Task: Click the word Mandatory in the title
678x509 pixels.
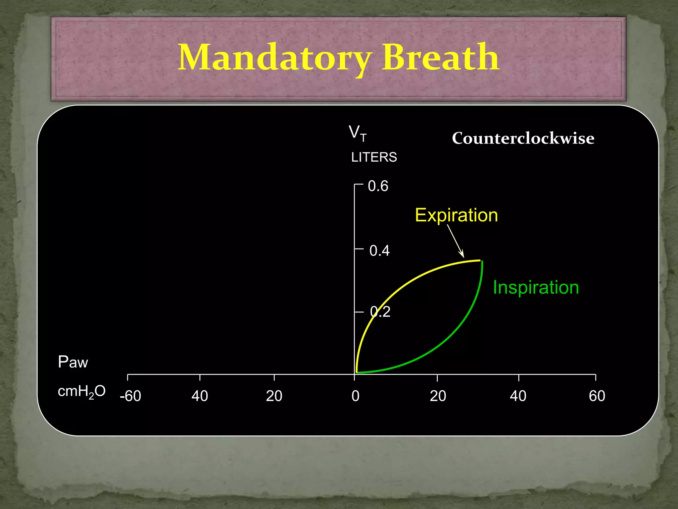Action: coord(275,58)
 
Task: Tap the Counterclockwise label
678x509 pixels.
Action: coord(523,138)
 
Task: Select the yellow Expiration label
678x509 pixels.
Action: coord(456,215)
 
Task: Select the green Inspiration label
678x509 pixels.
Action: coord(536,287)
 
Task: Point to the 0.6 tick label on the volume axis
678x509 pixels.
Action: coord(378,186)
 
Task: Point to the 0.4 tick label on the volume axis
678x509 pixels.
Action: coord(379,251)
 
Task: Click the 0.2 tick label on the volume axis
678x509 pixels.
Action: coord(380,312)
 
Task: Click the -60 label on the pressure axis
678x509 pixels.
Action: coord(130,396)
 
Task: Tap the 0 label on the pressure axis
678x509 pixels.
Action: coord(355,396)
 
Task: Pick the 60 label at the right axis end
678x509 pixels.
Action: coord(597,396)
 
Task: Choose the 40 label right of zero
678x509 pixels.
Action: coord(518,396)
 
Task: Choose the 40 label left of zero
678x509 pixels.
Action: coord(200,396)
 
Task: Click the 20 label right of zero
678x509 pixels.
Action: coord(438,396)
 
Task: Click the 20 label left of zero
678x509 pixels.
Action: coord(274,396)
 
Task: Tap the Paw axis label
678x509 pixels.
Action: coord(73,362)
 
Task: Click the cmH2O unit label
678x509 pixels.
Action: coord(81,392)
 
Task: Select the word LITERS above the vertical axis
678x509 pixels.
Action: coord(374,157)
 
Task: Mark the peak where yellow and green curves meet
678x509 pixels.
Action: coord(481,261)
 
